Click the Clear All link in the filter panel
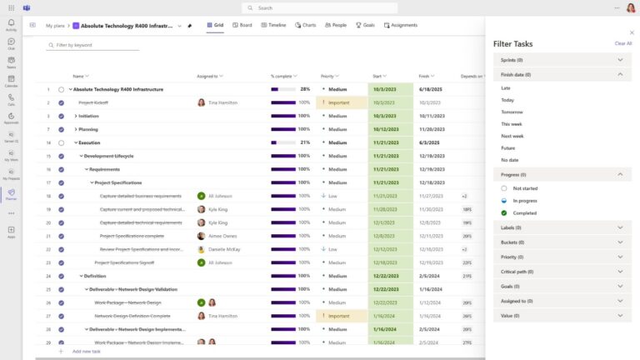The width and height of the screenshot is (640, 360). [622, 43]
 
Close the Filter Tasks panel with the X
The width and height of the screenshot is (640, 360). [631, 32]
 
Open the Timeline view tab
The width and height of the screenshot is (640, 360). [273, 25]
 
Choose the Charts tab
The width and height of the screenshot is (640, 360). [305, 25]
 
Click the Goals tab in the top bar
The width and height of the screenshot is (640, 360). [365, 25]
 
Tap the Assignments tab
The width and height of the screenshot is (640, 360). [401, 25]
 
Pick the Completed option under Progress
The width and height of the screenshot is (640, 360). [524, 212]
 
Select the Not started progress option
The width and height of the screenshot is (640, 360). [525, 188]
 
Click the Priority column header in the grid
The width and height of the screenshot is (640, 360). [327, 76]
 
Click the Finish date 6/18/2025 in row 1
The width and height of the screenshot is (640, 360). [431, 89]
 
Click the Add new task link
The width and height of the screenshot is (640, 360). [87, 352]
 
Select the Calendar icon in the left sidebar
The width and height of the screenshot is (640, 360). [11, 81]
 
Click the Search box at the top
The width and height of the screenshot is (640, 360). [319, 7]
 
